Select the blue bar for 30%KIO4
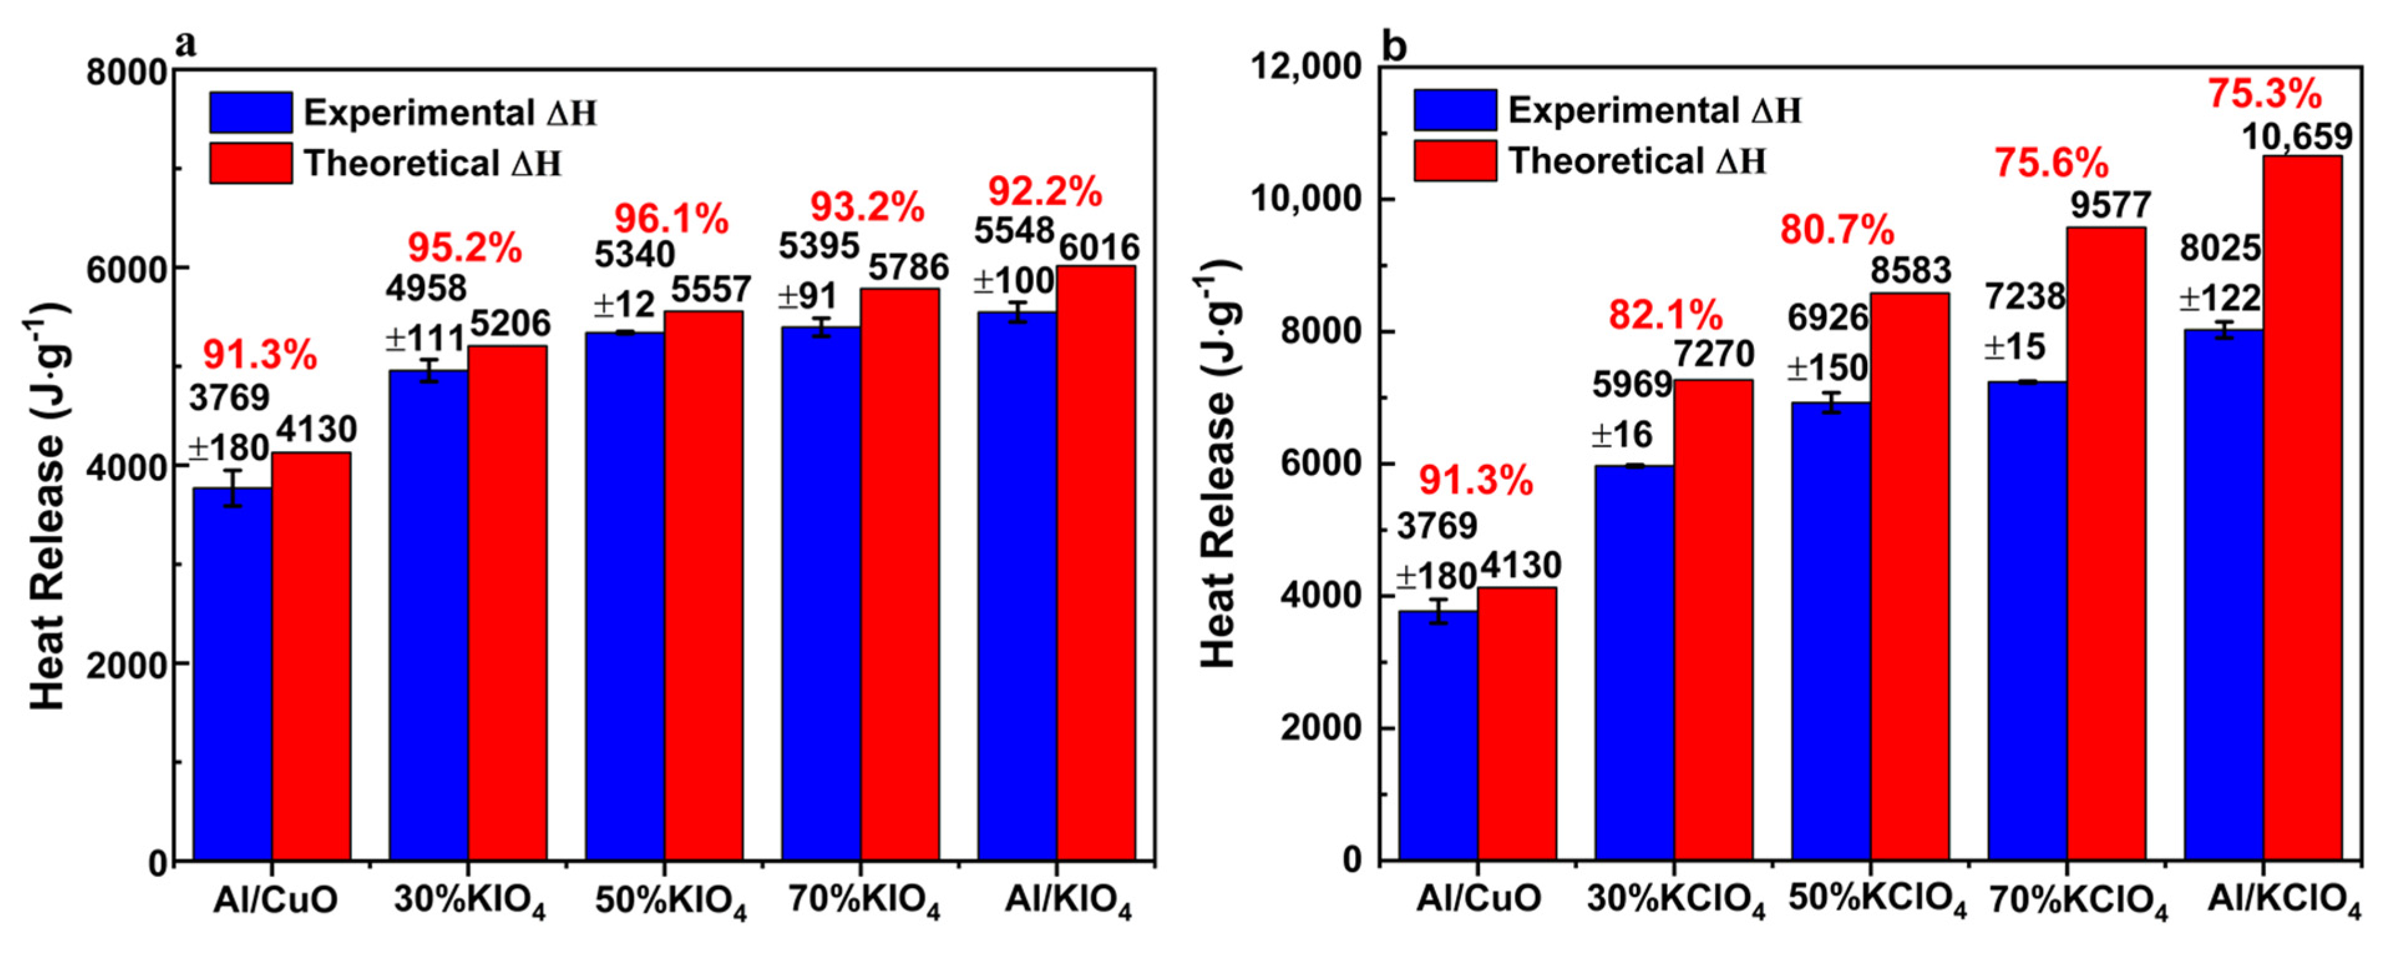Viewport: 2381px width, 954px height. (428, 615)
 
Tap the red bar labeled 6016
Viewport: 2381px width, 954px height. (1096, 564)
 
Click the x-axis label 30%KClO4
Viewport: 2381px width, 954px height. (1676, 899)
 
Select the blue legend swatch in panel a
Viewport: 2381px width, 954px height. (250, 112)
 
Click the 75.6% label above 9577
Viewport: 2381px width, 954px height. (2050, 164)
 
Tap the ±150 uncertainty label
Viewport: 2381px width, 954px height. (1827, 368)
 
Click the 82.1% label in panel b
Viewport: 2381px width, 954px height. (1665, 315)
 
